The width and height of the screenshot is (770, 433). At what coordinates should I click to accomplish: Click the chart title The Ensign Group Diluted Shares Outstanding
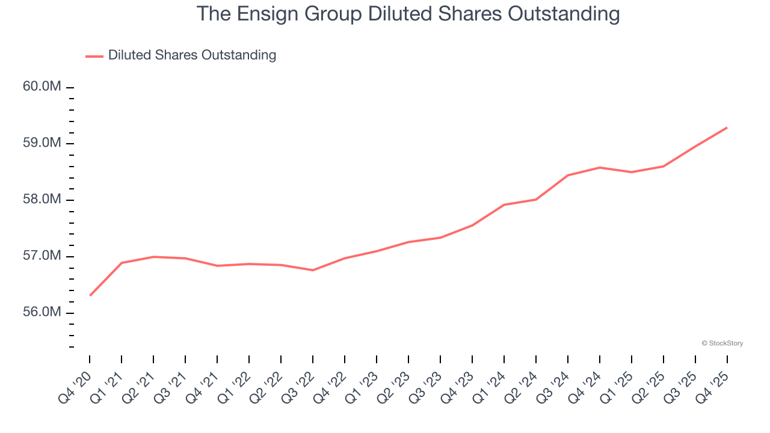[x=408, y=14]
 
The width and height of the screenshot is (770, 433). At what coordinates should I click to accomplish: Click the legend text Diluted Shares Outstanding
[x=192, y=55]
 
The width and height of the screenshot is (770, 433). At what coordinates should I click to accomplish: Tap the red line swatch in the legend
[x=94, y=56]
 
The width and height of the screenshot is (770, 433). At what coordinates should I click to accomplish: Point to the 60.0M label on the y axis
[x=42, y=87]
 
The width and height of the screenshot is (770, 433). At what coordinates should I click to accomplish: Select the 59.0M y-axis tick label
[x=42, y=143]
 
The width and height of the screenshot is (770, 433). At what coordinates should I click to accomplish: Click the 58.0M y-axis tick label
[x=42, y=200]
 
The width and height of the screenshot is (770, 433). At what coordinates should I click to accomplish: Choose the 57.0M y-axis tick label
[x=42, y=256]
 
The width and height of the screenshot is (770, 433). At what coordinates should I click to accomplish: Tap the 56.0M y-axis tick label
[x=42, y=313]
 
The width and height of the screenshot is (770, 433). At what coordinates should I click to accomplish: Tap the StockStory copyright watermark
[x=722, y=343]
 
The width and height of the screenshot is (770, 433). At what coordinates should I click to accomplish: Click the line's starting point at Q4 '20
[x=90, y=295]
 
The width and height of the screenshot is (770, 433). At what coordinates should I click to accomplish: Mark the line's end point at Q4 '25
[x=727, y=127]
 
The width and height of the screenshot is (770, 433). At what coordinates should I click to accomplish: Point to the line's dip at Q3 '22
[x=313, y=270]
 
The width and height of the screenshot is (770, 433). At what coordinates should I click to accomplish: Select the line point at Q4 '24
[x=600, y=167]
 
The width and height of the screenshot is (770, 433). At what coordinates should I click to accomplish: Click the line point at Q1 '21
[x=122, y=263]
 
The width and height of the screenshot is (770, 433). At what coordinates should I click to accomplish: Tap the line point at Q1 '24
[x=504, y=204]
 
